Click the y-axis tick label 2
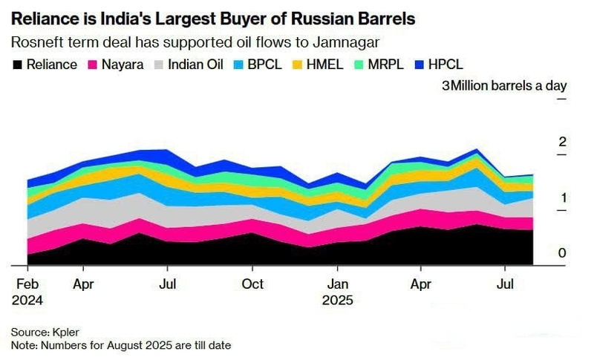point(562,142)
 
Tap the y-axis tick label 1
point(562,197)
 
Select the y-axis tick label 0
point(562,253)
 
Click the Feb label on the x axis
point(27,284)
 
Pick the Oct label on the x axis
point(253,284)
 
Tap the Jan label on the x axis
point(338,284)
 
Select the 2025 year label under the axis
point(338,301)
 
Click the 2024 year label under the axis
point(27,301)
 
